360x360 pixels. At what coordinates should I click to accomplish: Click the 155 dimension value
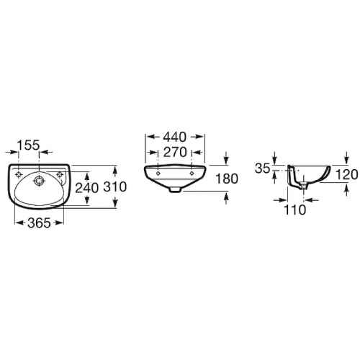click(28, 145)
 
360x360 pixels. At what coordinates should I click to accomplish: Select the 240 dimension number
click(87, 188)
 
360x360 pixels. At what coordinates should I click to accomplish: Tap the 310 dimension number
click(114, 186)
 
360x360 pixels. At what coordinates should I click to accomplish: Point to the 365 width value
click(39, 223)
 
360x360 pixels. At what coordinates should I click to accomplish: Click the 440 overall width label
click(174, 137)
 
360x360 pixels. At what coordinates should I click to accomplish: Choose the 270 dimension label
click(175, 152)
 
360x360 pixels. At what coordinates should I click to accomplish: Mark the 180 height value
click(227, 179)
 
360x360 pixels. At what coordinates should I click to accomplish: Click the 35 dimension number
click(263, 168)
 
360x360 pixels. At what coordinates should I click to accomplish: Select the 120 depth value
click(346, 174)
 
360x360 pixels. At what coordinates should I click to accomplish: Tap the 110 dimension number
click(295, 210)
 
